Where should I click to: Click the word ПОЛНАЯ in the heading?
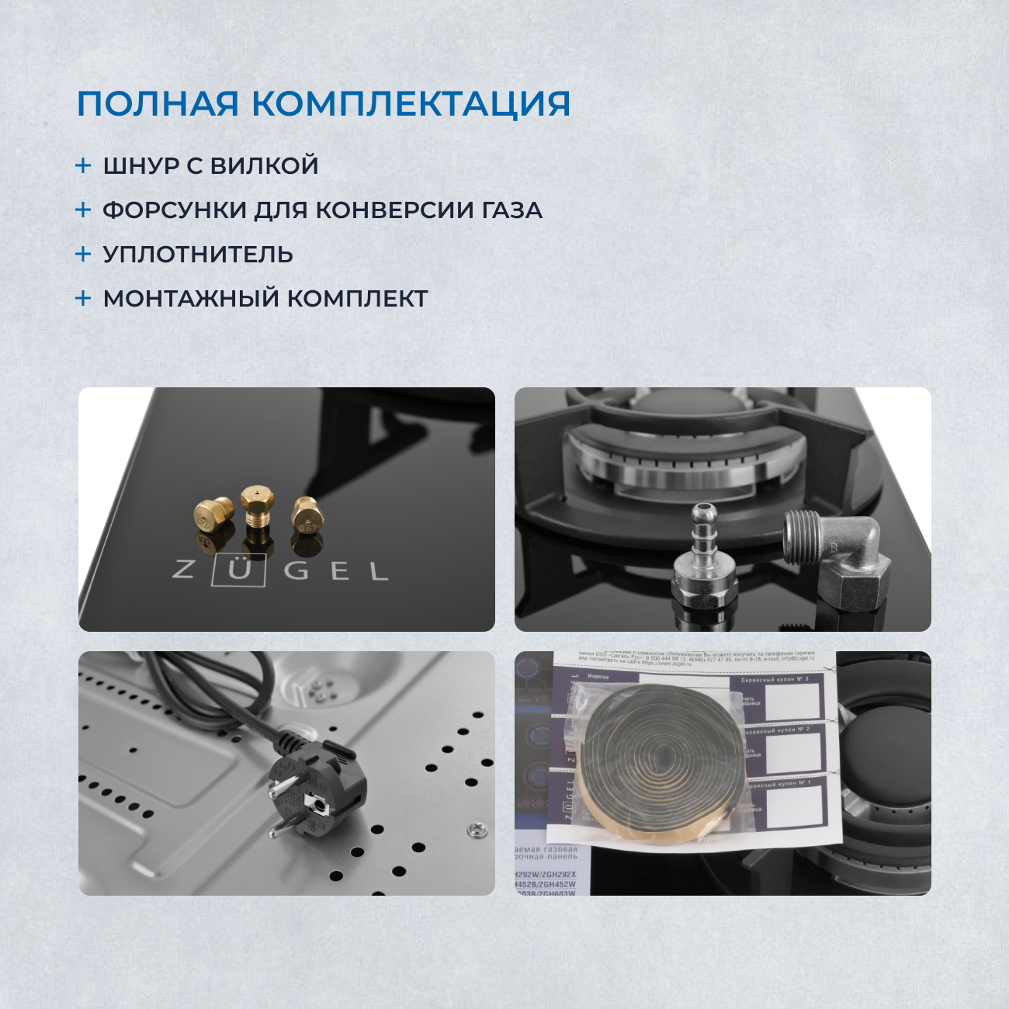pos(151,104)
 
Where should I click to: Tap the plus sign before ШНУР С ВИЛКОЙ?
pos(83,165)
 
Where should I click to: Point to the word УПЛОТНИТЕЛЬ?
pos(198,255)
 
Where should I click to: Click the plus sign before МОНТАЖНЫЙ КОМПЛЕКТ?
pos(83,298)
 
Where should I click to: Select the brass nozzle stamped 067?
pos(307,515)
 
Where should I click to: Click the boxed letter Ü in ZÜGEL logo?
pos(243,571)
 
